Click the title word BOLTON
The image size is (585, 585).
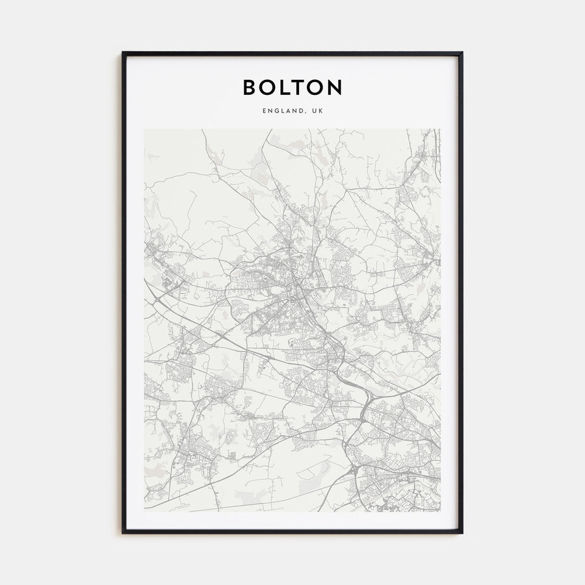click(292, 87)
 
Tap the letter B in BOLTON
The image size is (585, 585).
click(250, 87)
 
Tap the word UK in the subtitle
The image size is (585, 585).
click(317, 111)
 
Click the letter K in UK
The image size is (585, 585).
click(320, 111)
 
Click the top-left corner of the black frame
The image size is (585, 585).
click(123, 53)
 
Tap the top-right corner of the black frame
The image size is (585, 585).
click(462, 53)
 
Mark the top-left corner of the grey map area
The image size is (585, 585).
click(144, 129)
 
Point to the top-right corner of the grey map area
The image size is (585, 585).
click(441, 129)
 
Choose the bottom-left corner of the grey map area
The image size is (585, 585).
click(144, 511)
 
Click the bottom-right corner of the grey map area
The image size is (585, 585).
click(441, 511)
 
